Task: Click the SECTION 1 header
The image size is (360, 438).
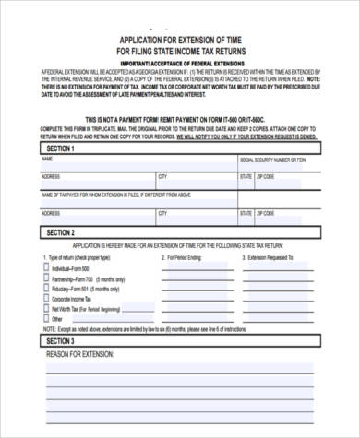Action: (60, 148)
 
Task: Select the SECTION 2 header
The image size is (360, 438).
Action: (60, 232)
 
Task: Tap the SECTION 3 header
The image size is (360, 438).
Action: (60, 340)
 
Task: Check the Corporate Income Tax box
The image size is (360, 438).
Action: (47, 299)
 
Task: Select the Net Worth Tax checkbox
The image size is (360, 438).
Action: (47, 309)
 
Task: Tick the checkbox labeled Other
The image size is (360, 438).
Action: (47, 319)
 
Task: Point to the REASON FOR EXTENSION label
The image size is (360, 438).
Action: (80, 354)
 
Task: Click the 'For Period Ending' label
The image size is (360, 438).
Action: (185, 259)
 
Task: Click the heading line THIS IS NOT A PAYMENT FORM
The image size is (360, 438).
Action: (179, 121)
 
